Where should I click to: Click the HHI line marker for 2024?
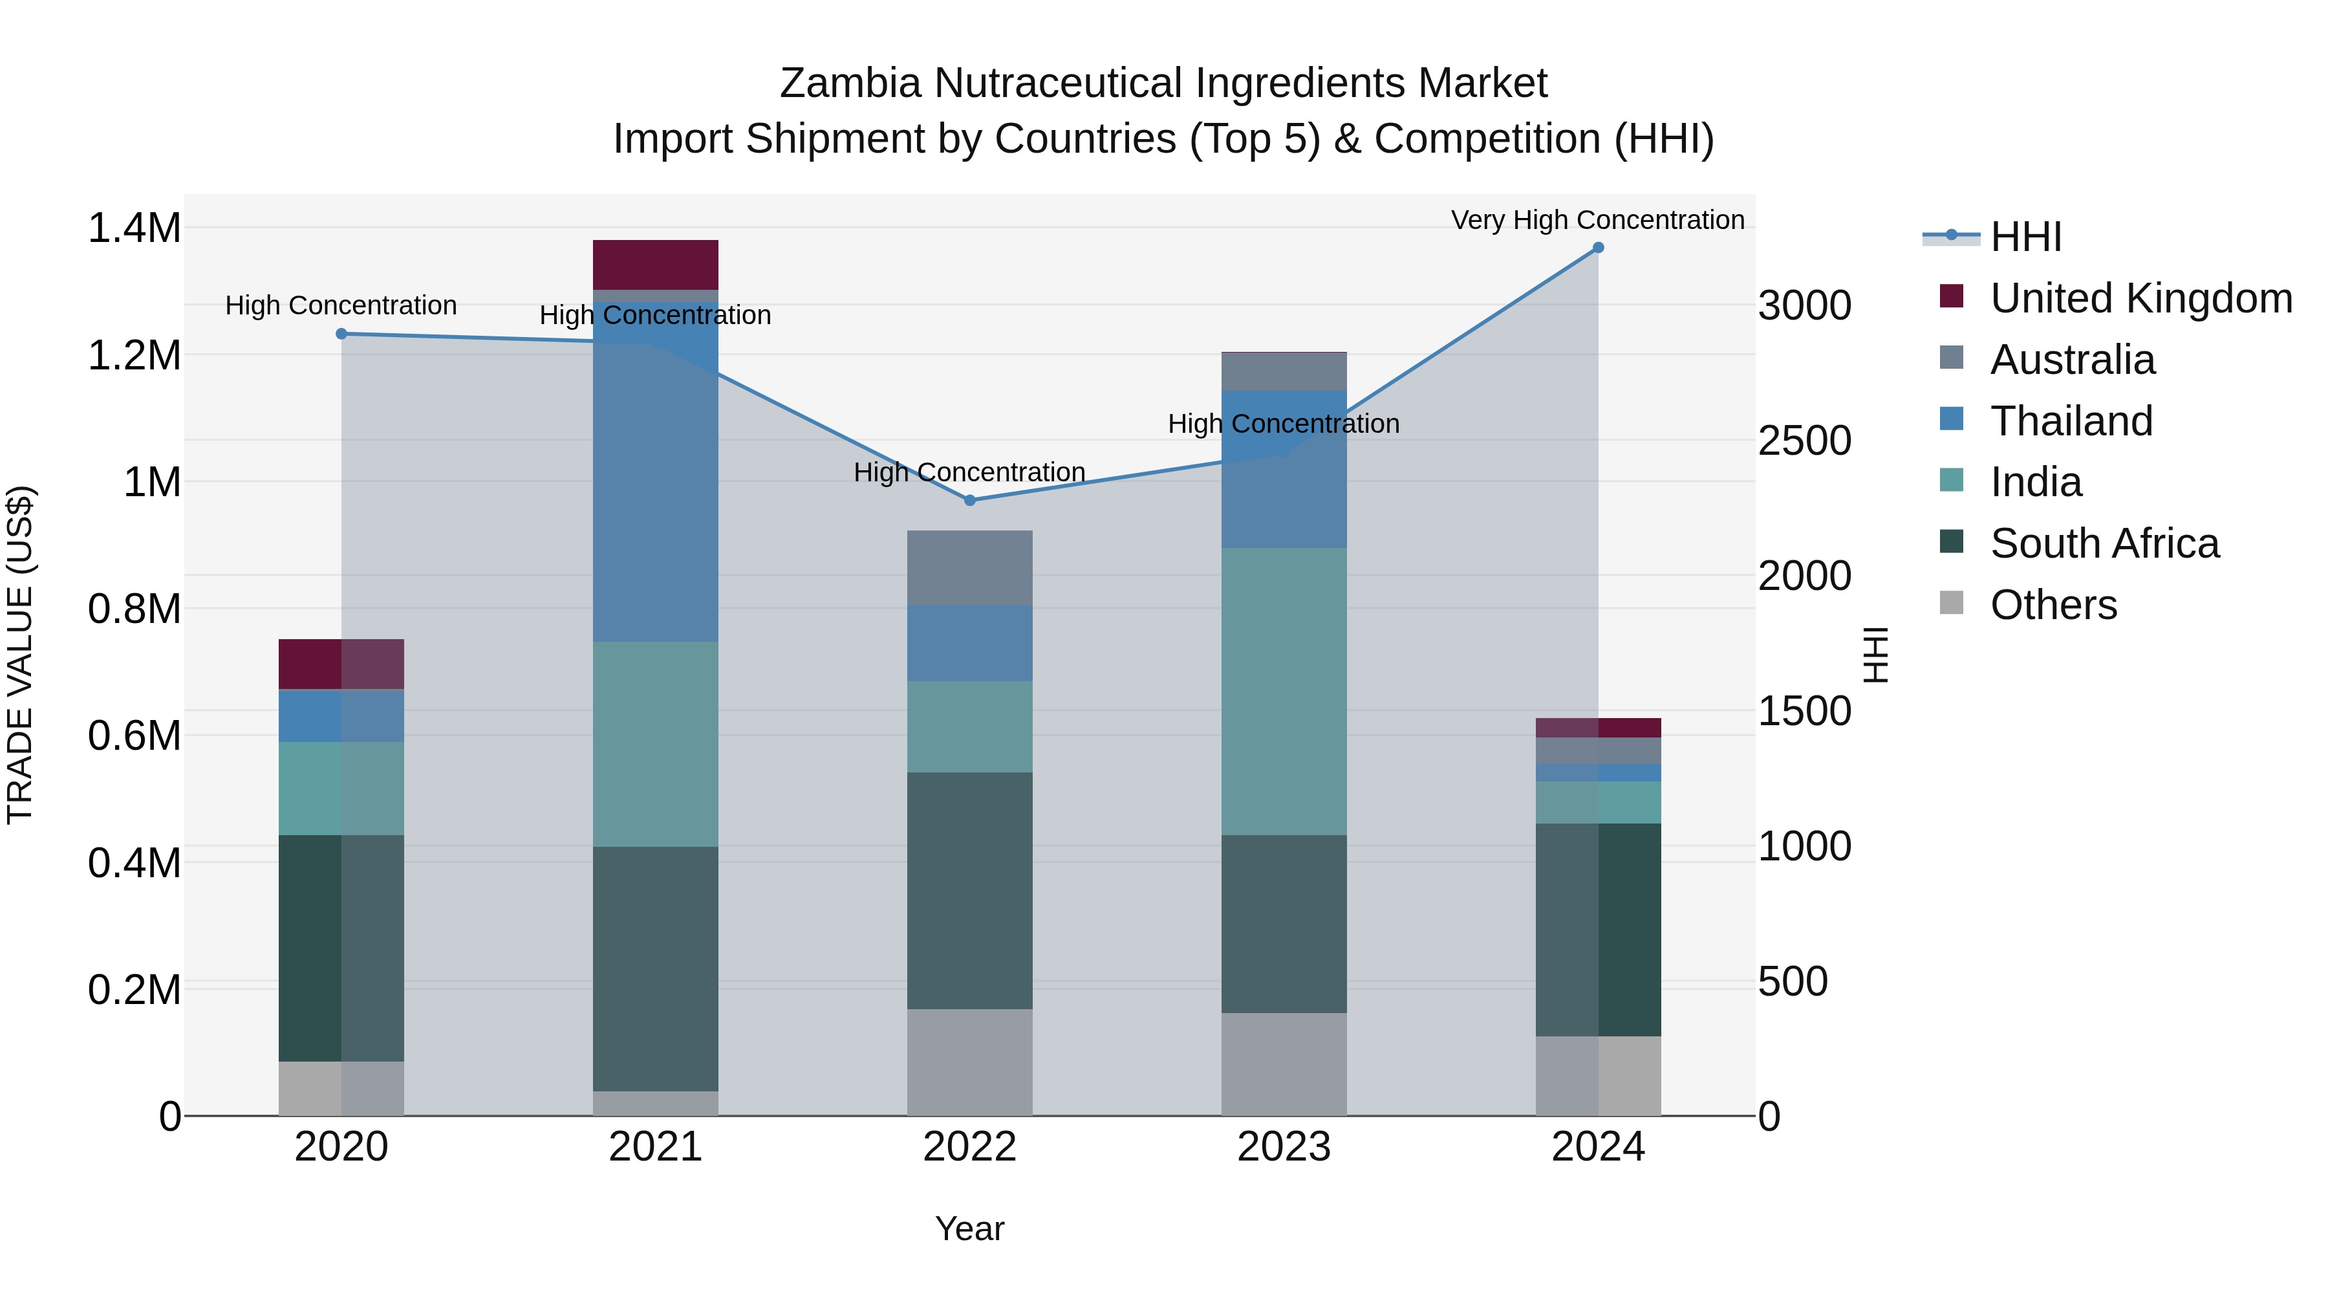pyautogui.click(x=1598, y=247)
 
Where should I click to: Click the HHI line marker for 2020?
pyautogui.click(x=341, y=334)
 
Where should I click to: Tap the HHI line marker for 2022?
pyautogui.click(x=970, y=500)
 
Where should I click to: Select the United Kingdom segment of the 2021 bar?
pyautogui.click(x=655, y=265)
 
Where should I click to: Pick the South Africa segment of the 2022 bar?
pyautogui.click(x=970, y=891)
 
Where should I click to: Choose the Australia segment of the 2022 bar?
pyautogui.click(x=970, y=568)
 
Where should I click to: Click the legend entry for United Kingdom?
pyautogui.click(x=2140, y=298)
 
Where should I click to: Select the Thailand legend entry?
pyautogui.click(x=2071, y=421)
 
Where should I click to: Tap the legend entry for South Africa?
pyautogui.click(x=2104, y=543)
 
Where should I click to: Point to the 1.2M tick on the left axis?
pyautogui.click(x=135, y=355)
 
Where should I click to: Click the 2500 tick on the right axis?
pyautogui.click(x=1804, y=441)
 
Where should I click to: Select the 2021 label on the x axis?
pyautogui.click(x=655, y=1147)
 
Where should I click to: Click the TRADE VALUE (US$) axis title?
pyautogui.click(x=20, y=655)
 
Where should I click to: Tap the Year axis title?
pyautogui.click(x=970, y=1228)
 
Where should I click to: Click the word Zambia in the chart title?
pyautogui.click(x=850, y=83)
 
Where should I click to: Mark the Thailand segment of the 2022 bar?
pyautogui.click(x=970, y=643)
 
